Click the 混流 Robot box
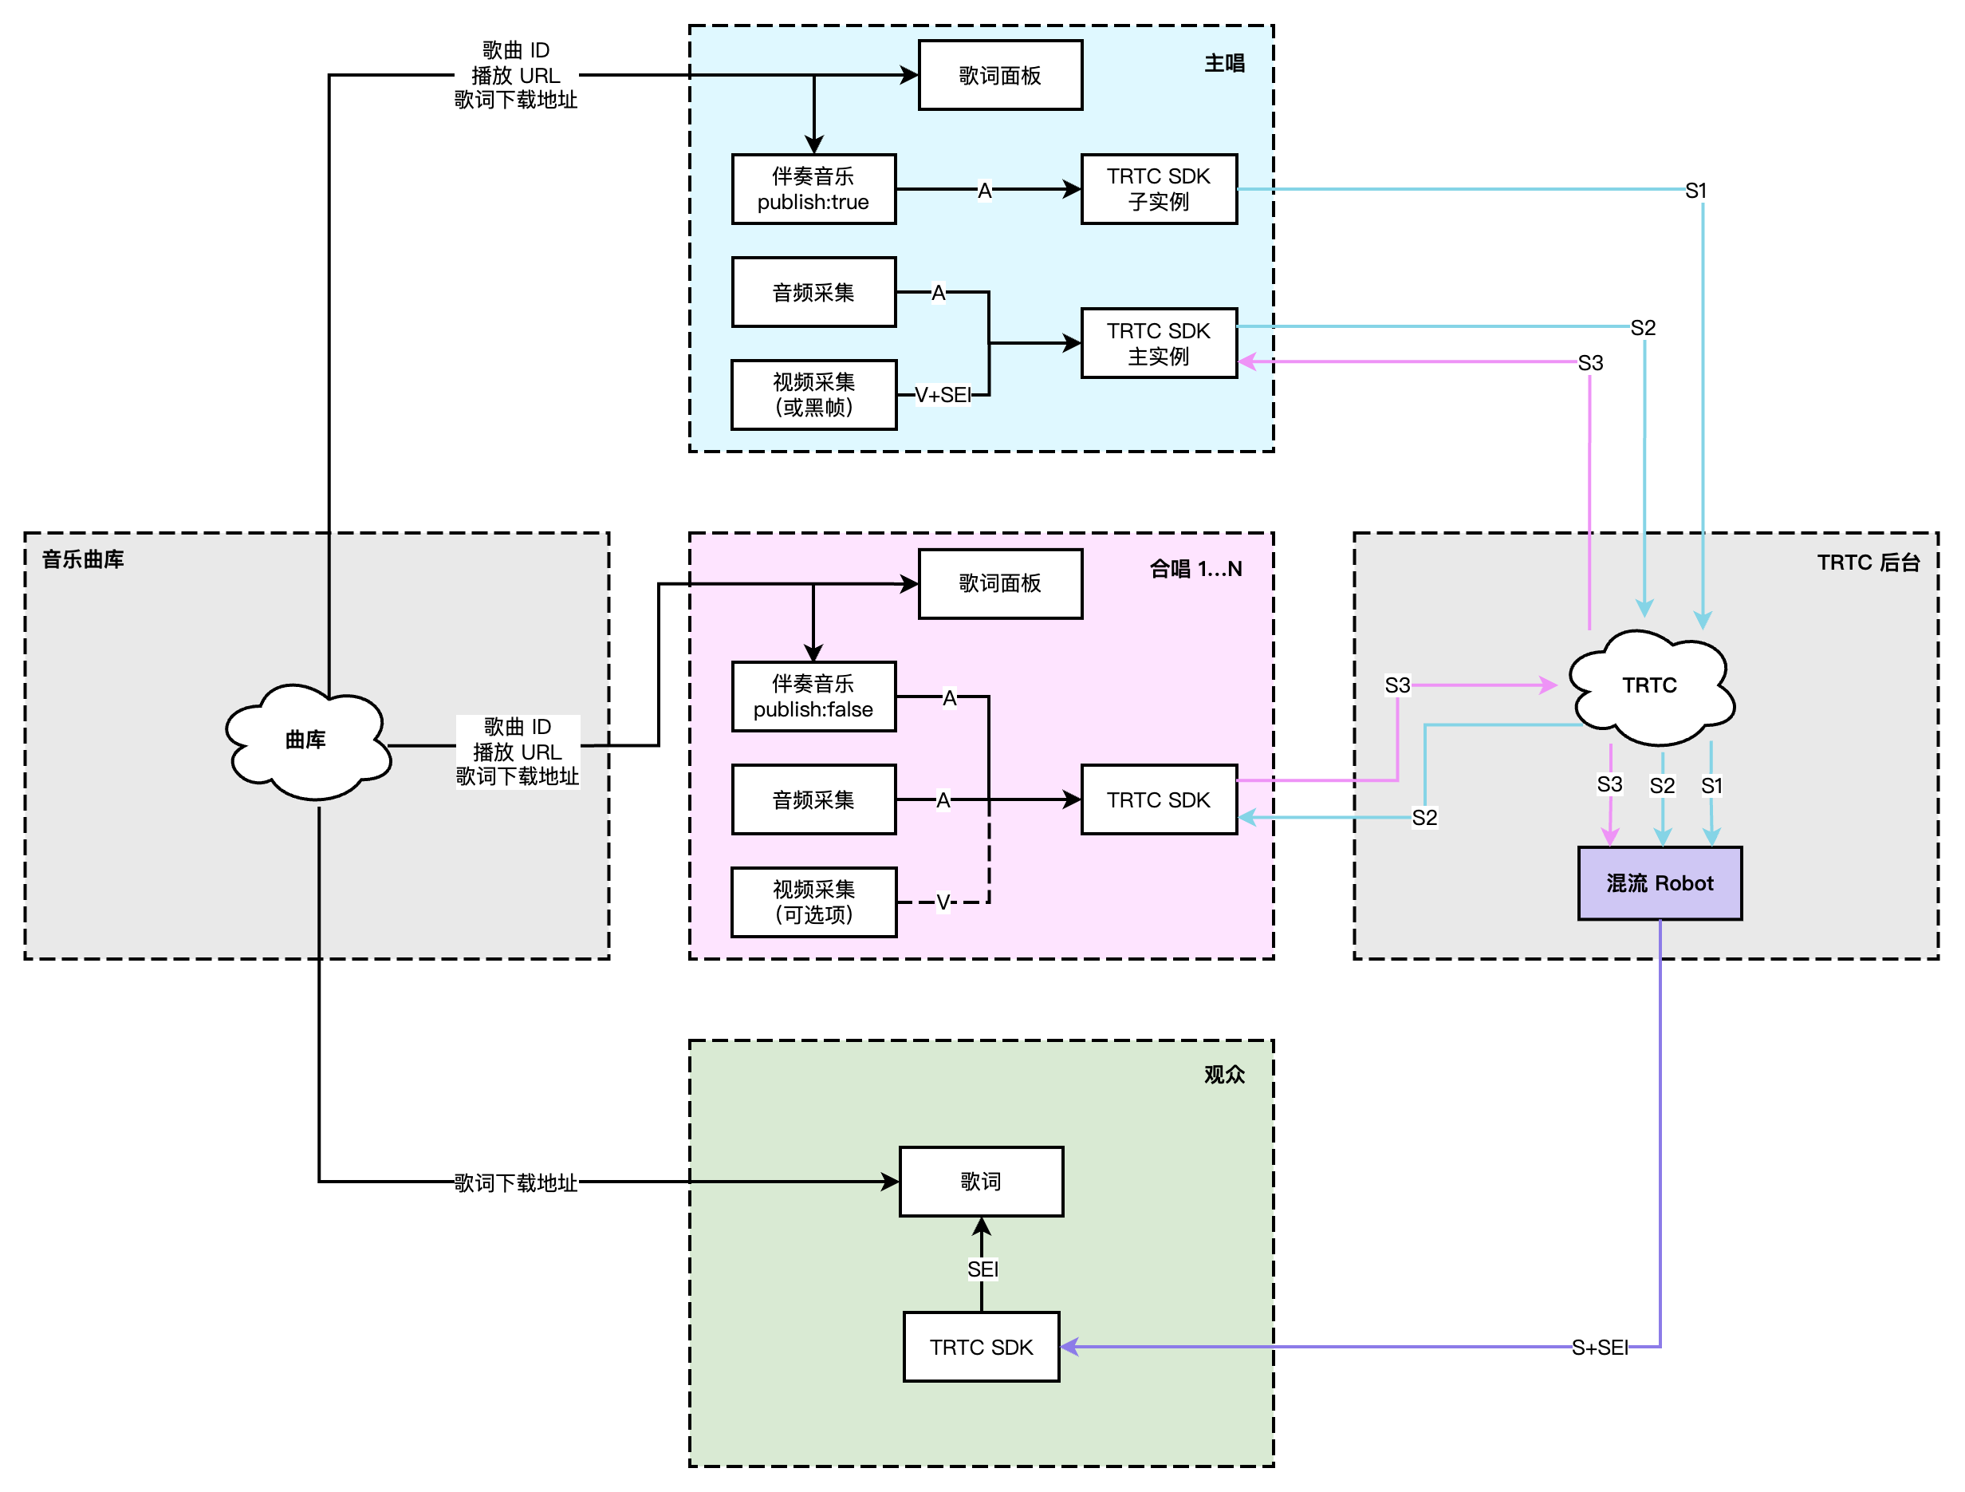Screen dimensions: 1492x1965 1659,883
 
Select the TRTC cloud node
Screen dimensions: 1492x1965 1650,685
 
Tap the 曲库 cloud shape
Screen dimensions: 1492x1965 306,740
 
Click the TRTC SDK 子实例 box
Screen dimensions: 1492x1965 1159,189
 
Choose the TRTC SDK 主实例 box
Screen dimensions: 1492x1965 1159,343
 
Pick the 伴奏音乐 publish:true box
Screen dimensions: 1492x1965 813,189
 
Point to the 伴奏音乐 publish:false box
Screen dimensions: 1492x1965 813,697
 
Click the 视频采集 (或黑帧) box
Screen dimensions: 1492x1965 813,395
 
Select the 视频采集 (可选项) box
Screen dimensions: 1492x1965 813,902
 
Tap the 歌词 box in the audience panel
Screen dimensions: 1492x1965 981,1181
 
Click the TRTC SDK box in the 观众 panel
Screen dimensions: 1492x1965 981,1347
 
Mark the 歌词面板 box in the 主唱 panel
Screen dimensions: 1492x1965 999,76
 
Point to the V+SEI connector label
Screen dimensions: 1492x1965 943,396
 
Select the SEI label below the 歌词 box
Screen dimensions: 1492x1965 982,1269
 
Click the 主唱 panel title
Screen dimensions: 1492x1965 1224,63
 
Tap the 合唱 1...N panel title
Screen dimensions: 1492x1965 1195,569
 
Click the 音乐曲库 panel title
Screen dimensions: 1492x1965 84,559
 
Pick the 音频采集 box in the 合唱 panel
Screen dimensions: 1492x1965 813,799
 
